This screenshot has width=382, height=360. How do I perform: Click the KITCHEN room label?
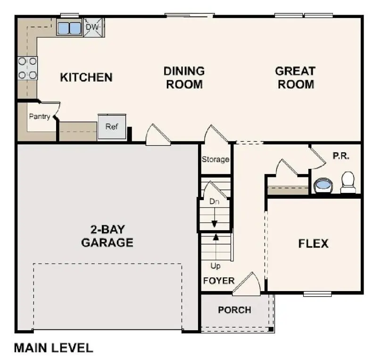pos(86,77)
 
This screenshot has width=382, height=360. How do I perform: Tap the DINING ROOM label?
pos(184,78)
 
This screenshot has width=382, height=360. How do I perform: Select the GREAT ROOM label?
pos(295,78)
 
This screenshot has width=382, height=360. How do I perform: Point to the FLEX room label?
pos(313,243)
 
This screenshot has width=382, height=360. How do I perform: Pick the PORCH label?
pos(234,310)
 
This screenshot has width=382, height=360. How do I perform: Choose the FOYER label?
pos(218,281)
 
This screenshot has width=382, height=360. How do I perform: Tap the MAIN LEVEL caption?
pos(53,348)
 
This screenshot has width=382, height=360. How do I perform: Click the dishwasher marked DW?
pos(93,28)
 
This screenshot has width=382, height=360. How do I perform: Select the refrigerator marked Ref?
pos(112,126)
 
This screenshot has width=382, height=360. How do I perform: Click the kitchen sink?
pos(69,28)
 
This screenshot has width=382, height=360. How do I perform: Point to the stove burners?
pos(27,68)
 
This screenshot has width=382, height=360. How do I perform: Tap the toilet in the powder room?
pos(348,182)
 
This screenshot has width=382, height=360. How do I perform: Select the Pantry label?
pos(39,117)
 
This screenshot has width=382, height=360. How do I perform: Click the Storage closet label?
pos(216,159)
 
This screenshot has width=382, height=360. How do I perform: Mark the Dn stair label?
pos(215,202)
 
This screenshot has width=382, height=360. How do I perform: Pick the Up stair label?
pos(216,266)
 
